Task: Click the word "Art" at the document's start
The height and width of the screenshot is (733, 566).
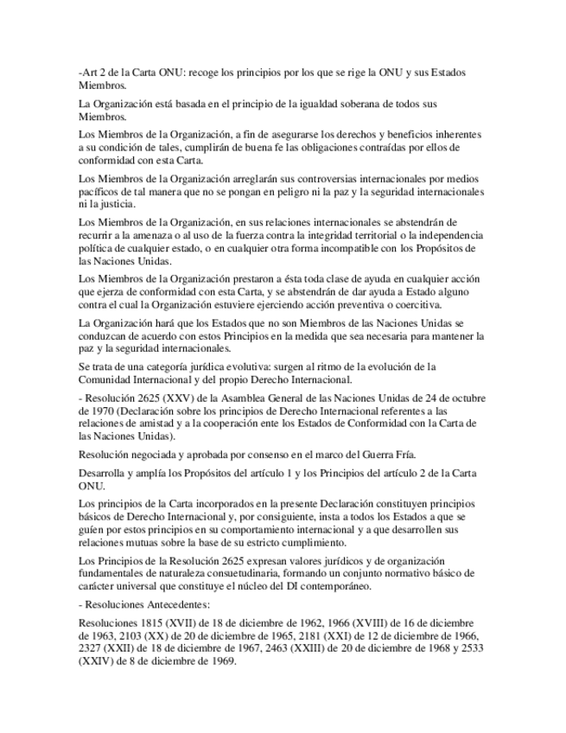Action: click(87, 73)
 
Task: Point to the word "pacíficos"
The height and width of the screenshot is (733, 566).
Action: click(100, 192)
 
